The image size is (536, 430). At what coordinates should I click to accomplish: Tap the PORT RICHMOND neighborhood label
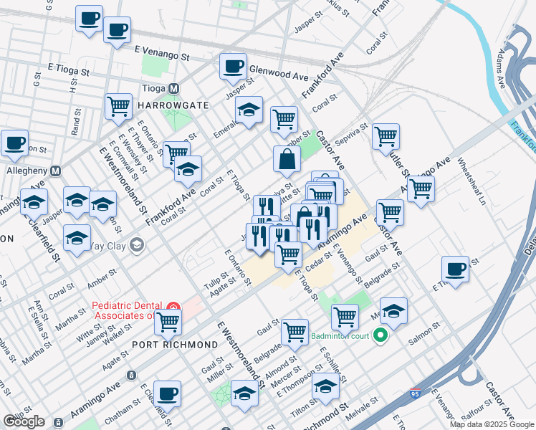click(175, 345)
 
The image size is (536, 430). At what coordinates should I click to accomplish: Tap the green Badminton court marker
click(381, 335)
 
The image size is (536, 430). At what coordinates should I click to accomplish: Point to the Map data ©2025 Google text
click(492, 424)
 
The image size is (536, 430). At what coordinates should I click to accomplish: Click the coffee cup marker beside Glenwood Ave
click(233, 67)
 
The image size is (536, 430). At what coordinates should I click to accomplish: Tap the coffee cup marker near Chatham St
click(167, 393)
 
